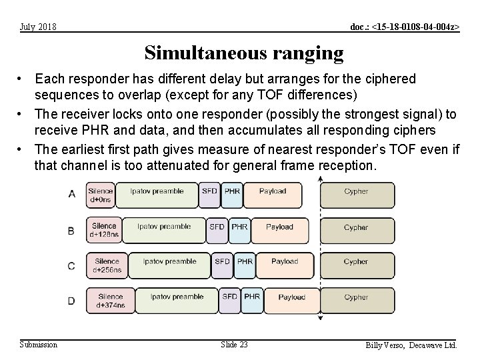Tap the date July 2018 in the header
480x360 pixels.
click(38, 27)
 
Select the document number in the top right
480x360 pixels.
click(405, 27)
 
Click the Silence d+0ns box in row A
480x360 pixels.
click(101, 195)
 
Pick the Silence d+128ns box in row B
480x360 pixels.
click(104, 230)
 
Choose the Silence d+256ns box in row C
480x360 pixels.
click(107, 265)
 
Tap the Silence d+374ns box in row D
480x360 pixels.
click(110, 301)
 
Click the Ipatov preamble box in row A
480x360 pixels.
click(157, 195)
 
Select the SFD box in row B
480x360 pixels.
click(217, 230)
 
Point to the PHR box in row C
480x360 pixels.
click(245, 265)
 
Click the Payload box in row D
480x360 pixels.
click(291, 301)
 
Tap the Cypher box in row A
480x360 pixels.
click(356, 195)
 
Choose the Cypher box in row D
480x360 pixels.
click(356, 301)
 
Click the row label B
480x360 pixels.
click(71, 231)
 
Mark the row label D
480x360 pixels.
click(71, 301)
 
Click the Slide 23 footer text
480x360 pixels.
click(234, 345)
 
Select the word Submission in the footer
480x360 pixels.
click(39, 345)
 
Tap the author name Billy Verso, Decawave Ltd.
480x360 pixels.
click(411, 345)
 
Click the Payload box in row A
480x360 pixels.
click(272, 195)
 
